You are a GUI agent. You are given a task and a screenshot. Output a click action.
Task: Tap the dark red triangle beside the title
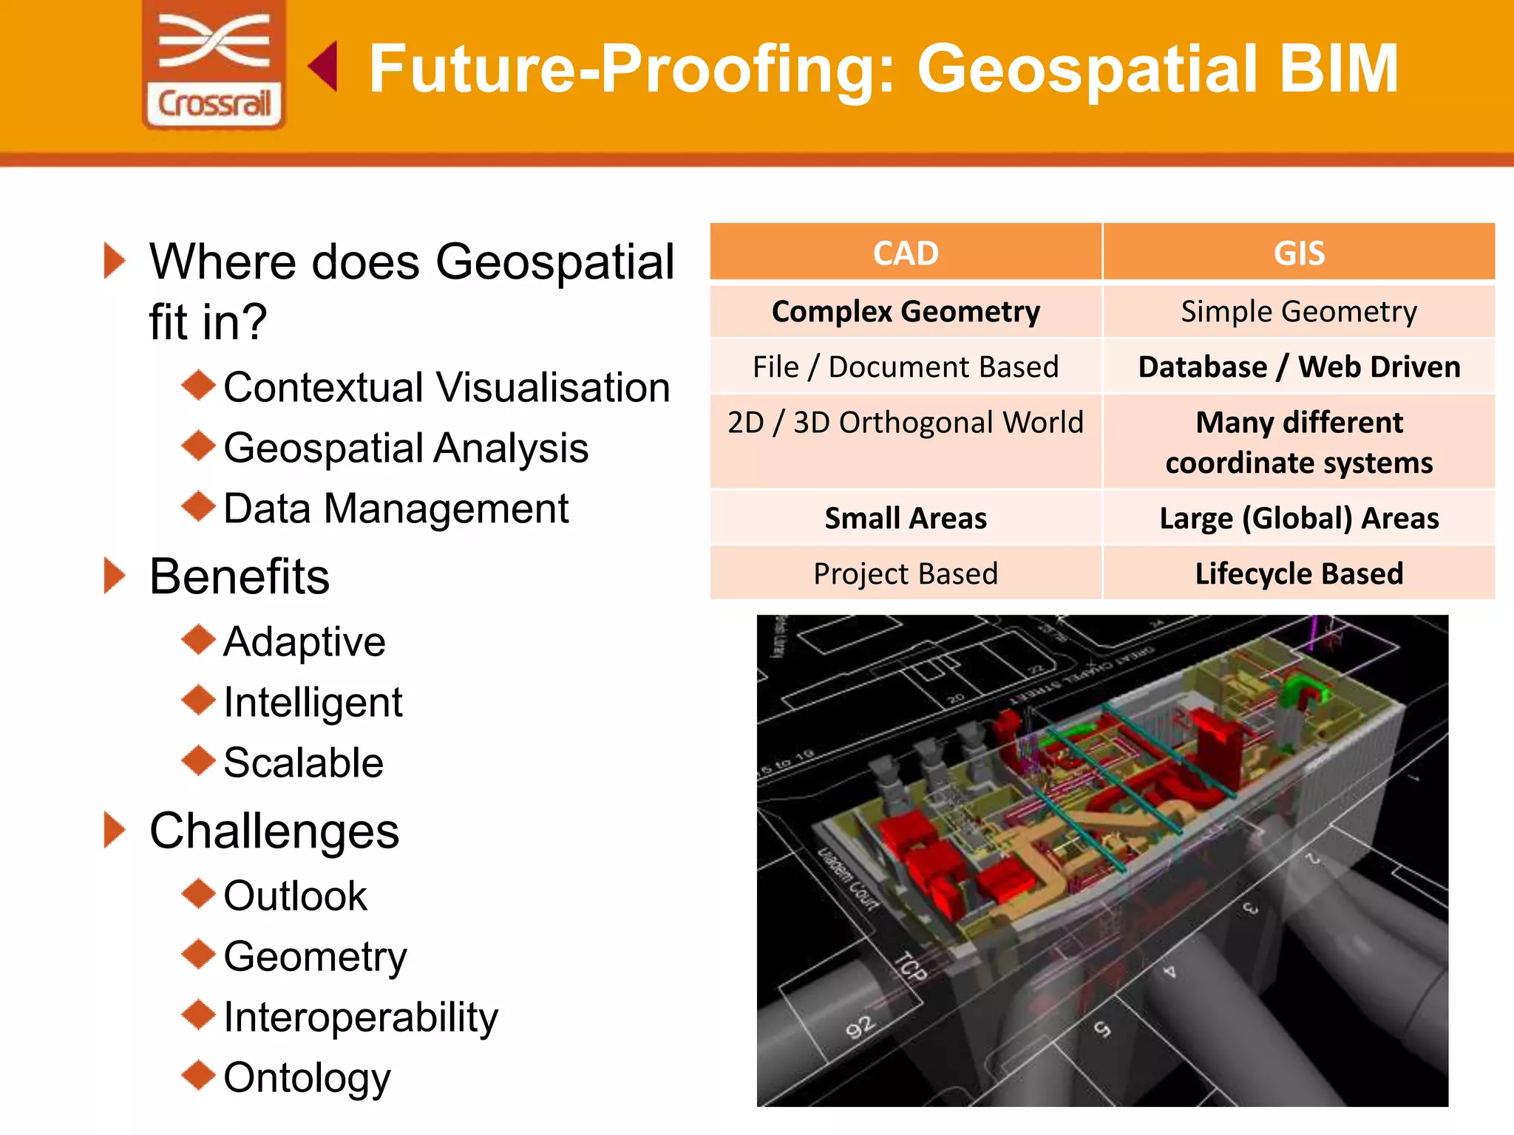324,67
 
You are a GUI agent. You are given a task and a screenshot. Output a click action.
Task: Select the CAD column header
906,253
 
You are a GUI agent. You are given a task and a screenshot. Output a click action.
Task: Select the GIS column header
1299,253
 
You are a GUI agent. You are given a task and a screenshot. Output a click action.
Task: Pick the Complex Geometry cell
906,312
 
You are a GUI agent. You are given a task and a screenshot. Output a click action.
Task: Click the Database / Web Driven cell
1299,367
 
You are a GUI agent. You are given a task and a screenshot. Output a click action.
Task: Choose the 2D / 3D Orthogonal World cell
906,423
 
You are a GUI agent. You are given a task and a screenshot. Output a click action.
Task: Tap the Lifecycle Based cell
1299,574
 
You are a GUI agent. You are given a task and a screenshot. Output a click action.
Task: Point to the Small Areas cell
906,519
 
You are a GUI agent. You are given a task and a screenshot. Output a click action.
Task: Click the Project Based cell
906,574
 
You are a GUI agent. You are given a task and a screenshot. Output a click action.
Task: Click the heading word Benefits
240,576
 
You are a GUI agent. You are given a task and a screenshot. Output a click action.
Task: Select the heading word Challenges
274,831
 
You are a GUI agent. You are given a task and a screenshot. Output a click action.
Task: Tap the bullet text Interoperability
361,1018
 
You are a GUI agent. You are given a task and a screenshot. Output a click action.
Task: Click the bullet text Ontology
307,1078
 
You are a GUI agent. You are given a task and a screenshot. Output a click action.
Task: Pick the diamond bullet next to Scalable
198,760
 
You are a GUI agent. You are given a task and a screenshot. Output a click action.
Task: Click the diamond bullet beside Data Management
198,506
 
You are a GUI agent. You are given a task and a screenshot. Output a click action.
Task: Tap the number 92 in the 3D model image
860,1027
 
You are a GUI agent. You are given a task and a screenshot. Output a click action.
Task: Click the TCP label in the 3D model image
910,967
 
